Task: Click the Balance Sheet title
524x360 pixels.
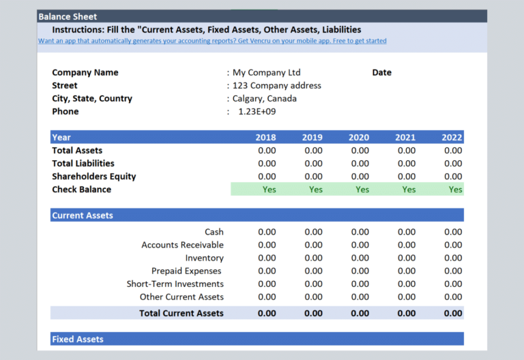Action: click(x=68, y=16)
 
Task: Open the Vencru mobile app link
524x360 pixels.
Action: click(x=212, y=41)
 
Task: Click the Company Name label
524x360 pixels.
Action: click(x=85, y=72)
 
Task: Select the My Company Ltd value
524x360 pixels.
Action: click(x=266, y=72)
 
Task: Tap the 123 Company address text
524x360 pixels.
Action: click(x=276, y=85)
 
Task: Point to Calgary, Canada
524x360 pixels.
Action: click(x=265, y=98)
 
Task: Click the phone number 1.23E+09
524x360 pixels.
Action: click(x=257, y=111)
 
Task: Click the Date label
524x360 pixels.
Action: click(x=382, y=72)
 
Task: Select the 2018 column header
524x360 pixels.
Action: click(x=266, y=137)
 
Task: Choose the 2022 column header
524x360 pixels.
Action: click(x=452, y=137)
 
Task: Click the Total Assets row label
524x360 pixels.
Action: click(x=77, y=150)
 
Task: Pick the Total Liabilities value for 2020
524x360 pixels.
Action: click(x=360, y=163)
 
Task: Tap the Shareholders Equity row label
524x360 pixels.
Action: click(x=94, y=176)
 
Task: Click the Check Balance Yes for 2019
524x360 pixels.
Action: click(x=315, y=190)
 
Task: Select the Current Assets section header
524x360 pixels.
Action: click(x=83, y=215)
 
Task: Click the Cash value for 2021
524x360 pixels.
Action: click(x=406, y=232)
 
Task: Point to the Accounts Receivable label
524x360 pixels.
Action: click(x=182, y=245)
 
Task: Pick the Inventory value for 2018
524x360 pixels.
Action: click(x=267, y=258)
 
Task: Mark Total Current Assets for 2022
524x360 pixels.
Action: click(x=452, y=313)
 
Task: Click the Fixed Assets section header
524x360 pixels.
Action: click(x=78, y=339)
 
